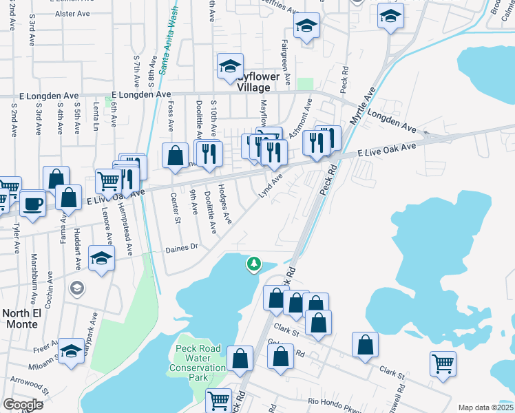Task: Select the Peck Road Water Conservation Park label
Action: [198, 363]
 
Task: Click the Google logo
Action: [23, 404]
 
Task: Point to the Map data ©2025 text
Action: [485, 407]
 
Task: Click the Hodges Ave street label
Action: [224, 204]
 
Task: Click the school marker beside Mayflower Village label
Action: [229, 65]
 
